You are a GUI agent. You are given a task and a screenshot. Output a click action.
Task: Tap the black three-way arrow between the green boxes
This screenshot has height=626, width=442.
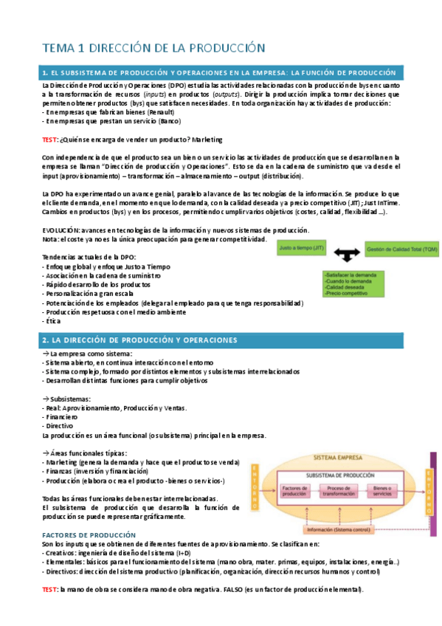click(x=345, y=255)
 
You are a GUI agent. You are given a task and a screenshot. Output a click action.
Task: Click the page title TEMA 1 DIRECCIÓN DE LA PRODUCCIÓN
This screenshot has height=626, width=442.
click(x=153, y=48)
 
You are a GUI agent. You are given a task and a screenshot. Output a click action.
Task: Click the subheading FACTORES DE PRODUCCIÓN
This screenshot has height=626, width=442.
click(x=89, y=534)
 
